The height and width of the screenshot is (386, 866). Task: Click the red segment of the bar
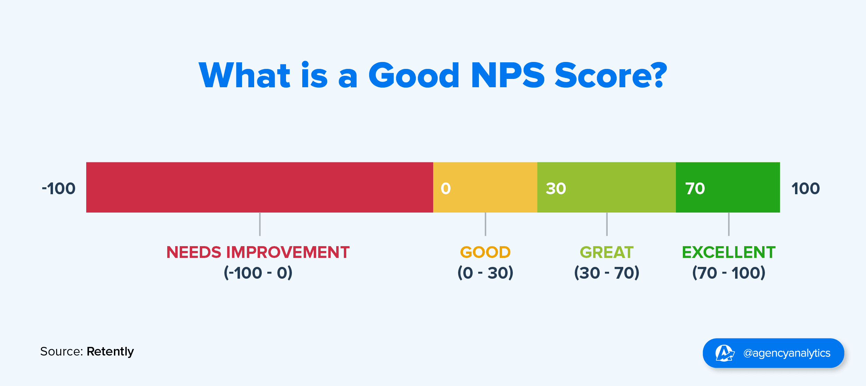pos(260,187)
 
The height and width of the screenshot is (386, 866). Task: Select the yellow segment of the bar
pos(485,187)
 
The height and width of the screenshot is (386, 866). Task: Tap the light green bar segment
pos(607,187)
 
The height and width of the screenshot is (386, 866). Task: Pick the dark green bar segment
pos(728,187)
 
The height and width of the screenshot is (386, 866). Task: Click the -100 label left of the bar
pos(59,189)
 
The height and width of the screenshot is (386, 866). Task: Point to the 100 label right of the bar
pos(805,189)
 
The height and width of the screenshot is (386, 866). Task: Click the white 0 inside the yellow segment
pos(446,189)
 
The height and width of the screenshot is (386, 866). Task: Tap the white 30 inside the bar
pos(556,189)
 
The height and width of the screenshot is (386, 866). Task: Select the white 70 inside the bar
pos(695,189)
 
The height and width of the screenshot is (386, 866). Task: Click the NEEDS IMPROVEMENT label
pos(258,252)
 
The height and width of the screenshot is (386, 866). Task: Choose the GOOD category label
pos(485,252)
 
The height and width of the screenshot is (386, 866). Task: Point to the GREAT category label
pos(607,252)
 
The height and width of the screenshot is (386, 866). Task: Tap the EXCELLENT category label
pos(729,252)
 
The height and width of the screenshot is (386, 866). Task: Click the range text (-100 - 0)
pos(258,273)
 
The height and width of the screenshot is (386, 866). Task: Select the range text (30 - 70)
pos(607,273)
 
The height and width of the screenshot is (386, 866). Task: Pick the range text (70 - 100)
pos(729,273)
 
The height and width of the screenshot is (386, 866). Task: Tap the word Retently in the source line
pos(110,352)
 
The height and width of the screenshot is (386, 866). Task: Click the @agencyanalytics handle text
pos(787,353)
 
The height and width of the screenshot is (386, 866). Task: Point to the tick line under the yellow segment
pos(485,224)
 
